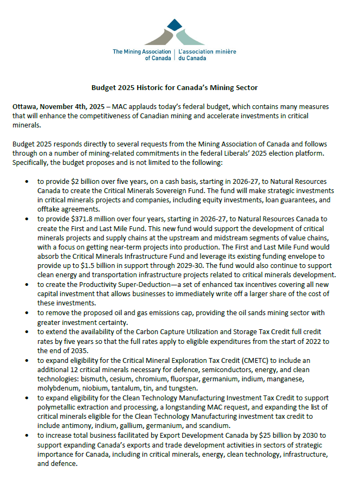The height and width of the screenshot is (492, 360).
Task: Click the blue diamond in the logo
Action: coord(174,24)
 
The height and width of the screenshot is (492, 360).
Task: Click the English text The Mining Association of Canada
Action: coord(143,55)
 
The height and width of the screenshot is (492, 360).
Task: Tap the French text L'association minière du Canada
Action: coord(207,55)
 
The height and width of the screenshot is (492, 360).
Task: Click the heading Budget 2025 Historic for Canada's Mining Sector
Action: coord(174,87)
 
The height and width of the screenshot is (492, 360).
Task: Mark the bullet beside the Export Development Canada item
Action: coord(27,435)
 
